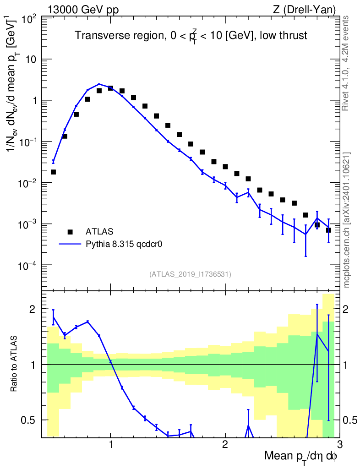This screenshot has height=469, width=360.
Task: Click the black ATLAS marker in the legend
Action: click(70, 231)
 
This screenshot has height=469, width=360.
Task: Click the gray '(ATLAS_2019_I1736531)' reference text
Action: click(190, 274)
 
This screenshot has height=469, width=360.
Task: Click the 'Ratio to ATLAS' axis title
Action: click(15, 364)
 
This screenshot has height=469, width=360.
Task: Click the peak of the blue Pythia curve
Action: click(99, 84)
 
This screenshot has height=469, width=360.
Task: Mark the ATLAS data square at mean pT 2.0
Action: click(225, 167)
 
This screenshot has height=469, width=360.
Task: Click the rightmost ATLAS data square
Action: click(328, 230)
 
